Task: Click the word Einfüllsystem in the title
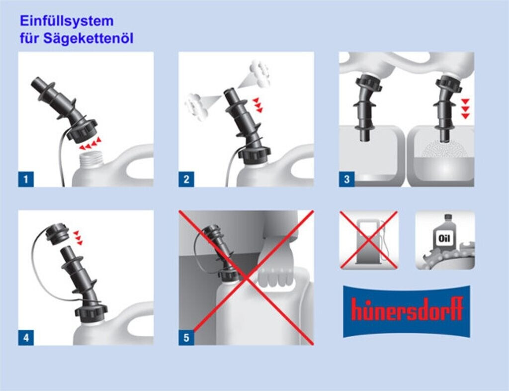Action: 67,21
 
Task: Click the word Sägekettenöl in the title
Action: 88,38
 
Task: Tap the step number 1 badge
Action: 26,179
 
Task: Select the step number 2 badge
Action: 186,179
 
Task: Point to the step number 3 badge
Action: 346,179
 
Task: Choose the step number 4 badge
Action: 26,338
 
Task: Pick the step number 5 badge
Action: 186,338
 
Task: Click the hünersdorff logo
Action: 407,311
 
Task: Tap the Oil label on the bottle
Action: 444,239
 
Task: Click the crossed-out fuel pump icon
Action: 368,240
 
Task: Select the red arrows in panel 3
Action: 465,109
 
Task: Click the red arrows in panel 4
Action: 78,238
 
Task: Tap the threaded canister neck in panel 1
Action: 92,159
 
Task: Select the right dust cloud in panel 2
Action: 259,74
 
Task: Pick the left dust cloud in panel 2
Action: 196,106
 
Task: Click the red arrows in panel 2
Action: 258,105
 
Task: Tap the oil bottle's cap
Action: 448,217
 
